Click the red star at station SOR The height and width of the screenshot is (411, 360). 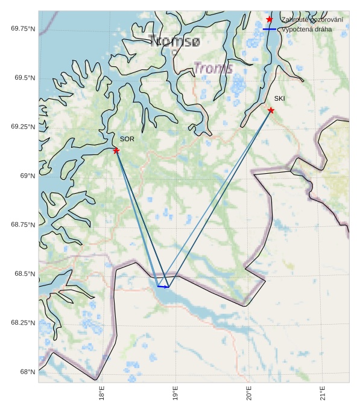(x=116, y=150)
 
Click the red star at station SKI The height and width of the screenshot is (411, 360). (x=271, y=110)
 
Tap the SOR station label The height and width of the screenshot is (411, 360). (x=127, y=139)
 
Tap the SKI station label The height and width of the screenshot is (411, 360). (x=279, y=98)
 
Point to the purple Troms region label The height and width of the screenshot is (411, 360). (x=213, y=68)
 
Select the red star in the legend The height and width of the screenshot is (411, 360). (x=269, y=19)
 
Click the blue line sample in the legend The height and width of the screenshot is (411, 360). (x=269, y=29)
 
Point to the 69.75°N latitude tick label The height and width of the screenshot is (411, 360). (x=23, y=28)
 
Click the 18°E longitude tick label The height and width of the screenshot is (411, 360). (x=102, y=393)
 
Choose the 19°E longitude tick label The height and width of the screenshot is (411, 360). (x=175, y=393)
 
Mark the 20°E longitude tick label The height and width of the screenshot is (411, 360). (x=249, y=393)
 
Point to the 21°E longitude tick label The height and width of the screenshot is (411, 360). (x=323, y=393)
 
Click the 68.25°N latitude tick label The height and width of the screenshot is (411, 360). (x=23, y=323)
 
